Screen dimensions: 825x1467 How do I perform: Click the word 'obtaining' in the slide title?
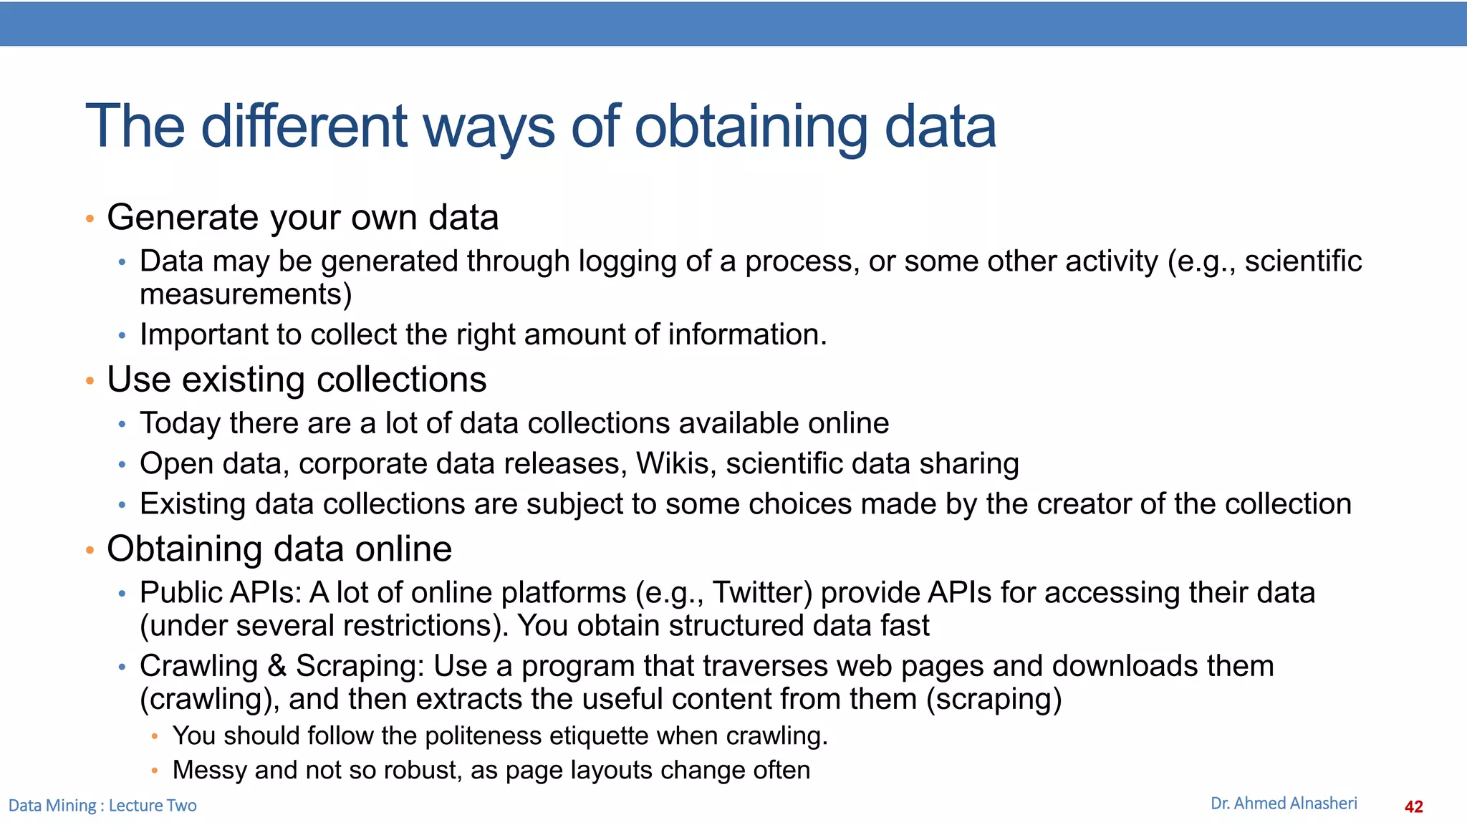(x=751, y=127)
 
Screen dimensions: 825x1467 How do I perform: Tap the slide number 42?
(x=1413, y=807)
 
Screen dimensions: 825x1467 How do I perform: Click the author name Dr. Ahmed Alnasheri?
(x=1283, y=804)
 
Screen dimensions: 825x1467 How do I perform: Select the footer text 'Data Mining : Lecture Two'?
(x=102, y=806)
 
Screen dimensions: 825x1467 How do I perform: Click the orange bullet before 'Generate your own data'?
(x=90, y=218)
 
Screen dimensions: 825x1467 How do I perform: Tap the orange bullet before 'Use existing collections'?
(x=90, y=380)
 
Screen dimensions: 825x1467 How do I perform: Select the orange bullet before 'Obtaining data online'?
(x=90, y=550)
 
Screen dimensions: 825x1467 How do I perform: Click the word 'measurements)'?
(x=246, y=294)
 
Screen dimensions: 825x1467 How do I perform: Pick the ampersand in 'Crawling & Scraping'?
(x=276, y=666)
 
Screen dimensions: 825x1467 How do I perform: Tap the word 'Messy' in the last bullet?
(x=210, y=771)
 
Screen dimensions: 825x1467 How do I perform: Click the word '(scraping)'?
(x=994, y=699)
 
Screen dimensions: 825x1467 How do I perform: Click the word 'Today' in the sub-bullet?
(x=180, y=423)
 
